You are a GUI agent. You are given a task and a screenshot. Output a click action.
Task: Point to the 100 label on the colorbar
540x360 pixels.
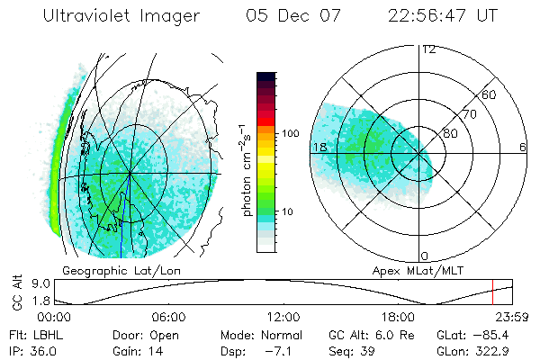[x=289, y=133]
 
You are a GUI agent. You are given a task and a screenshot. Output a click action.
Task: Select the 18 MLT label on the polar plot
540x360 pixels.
[x=319, y=147]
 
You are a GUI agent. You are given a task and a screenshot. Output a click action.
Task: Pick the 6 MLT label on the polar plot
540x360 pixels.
[x=523, y=147]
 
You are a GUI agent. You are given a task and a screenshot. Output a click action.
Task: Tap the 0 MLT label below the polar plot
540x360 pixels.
[x=424, y=256]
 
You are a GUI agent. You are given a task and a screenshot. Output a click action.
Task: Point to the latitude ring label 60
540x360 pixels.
[x=490, y=94]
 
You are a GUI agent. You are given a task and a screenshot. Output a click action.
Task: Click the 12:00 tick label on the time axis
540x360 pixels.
[x=283, y=317]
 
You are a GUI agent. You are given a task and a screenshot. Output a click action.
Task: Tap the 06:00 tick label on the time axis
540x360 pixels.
[x=168, y=317]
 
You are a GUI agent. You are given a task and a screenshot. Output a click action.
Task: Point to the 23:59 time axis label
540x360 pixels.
[x=510, y=317]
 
